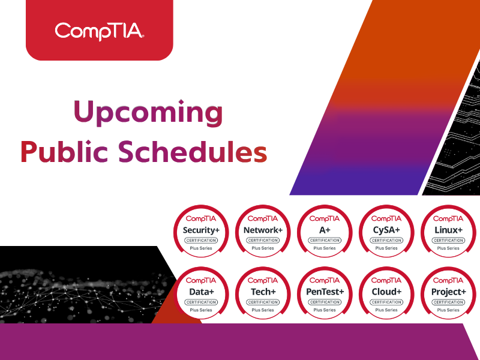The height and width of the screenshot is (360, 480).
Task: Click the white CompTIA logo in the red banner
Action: coord(99,30)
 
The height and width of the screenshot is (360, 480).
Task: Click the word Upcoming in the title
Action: coord(148,112)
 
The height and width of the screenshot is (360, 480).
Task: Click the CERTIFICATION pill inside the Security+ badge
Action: coord(202,240)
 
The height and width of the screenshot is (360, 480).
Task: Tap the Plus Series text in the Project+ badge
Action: coord(448,310)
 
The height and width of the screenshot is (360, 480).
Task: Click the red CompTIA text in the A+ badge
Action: coord(325,219)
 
